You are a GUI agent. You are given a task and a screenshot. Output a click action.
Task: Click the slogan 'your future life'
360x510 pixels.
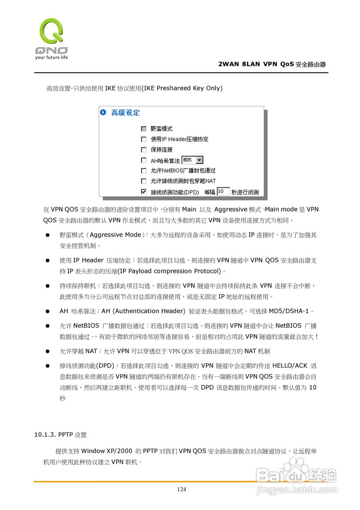51,57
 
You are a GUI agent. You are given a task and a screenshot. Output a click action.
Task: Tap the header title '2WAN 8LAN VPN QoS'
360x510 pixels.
256,64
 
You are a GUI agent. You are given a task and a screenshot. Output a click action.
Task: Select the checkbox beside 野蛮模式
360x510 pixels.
144,129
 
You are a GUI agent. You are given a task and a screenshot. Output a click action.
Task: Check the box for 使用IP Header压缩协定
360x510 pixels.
144,139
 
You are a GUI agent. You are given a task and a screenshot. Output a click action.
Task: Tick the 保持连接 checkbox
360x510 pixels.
144,150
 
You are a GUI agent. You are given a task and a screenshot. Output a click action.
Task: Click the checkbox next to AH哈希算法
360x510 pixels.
144,160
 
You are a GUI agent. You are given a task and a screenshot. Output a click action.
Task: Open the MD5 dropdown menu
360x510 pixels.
200,160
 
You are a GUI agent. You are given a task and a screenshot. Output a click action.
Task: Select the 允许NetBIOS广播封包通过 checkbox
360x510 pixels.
144,171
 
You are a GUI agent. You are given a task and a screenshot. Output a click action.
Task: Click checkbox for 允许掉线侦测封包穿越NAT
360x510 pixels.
144,181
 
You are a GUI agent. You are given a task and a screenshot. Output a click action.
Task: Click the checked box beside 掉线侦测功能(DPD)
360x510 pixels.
144,192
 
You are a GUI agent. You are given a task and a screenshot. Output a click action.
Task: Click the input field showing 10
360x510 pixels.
223,192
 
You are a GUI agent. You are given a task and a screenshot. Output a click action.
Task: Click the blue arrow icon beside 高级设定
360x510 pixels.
104,113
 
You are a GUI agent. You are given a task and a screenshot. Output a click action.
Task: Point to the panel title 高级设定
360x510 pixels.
125,113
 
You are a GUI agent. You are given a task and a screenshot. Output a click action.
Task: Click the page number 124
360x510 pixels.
181,489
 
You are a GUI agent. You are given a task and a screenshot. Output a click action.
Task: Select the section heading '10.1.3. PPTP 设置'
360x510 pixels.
61,435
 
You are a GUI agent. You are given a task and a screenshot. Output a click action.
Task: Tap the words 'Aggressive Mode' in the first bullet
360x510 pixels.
115,235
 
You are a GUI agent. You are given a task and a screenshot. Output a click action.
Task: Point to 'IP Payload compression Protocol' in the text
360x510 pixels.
170,271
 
